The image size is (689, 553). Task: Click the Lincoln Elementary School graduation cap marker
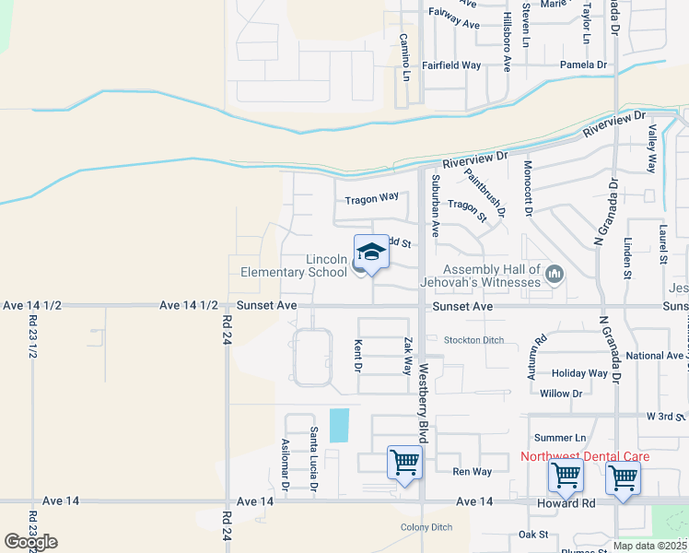[x=370, y=253]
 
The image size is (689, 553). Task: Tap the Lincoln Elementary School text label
[x=295, y=266]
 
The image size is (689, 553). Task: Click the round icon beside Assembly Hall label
[x=555, y=274]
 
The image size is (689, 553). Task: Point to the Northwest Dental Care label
[x=585, y=456]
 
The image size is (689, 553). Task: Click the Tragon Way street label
[x=371, y=198]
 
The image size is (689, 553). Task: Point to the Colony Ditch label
[x=426, y=527]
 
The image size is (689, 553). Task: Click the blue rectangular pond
[x=338, y=424]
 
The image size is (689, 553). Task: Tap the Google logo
[x=29, y=542]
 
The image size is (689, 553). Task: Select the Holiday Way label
[x=579, y=373]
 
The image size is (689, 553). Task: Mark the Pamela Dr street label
[x=584, y=65]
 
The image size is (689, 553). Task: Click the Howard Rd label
[x=571, y=503]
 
